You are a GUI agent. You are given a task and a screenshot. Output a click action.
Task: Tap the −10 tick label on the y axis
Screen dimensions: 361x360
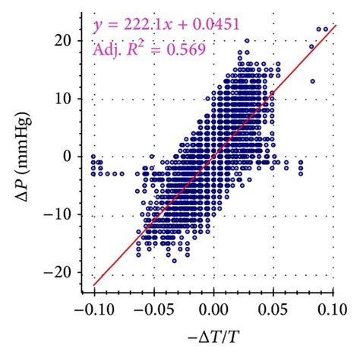tap(59, 215)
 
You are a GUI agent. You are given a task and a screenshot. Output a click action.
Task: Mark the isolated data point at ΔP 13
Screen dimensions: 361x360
tap(312, 81)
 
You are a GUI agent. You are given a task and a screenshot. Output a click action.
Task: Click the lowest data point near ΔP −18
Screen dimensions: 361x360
tap(174, 261)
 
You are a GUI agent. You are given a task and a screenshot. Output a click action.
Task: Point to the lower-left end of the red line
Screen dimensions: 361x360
tap(94, 286)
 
